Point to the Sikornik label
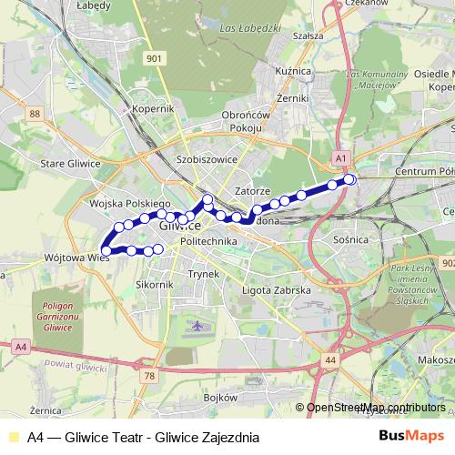[154, 284]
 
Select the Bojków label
[221, 398]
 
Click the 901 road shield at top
[154, 58]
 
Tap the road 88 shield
[35, 113]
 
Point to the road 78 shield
[150, 375]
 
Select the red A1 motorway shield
[340, 157]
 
